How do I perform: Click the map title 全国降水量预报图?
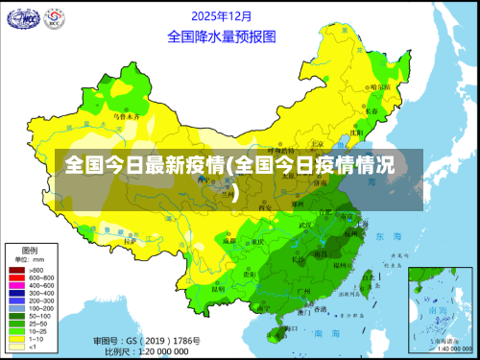tap(222, 36)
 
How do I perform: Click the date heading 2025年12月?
tap(222, 16)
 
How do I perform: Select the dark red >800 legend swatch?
tap(16, 270)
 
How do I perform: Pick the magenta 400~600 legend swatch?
tap(16, 285)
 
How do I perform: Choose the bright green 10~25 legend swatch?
tap(16, 331)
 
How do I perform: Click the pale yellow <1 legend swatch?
tap(16, 347)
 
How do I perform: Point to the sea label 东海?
tap(390, 235)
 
